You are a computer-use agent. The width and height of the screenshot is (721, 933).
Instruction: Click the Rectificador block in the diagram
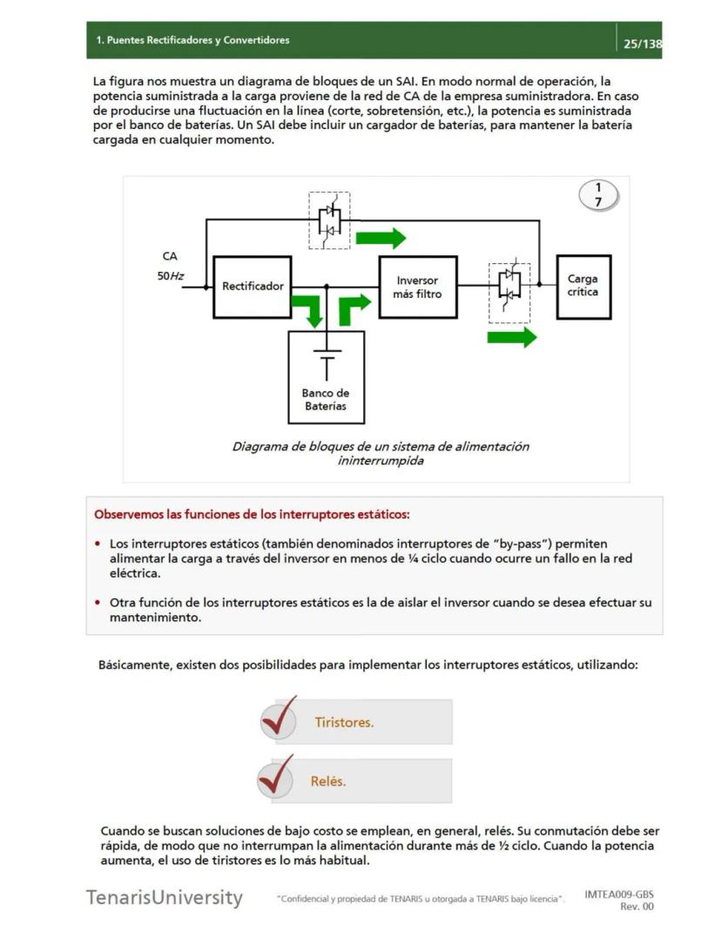coord(252,286)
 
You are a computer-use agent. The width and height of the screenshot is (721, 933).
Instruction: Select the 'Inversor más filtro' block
coord(417,287)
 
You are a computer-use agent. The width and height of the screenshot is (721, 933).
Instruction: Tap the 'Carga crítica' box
coord(583,286)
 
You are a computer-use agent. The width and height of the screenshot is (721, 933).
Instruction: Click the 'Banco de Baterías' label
coord(326,399)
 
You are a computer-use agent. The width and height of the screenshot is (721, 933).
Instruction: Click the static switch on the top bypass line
coord(329,220)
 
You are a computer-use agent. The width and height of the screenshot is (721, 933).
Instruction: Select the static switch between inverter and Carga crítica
coord(509,284)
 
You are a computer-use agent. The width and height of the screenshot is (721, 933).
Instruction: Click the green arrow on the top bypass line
coord(381,238)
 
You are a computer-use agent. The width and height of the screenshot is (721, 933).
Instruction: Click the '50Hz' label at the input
coord(170,276)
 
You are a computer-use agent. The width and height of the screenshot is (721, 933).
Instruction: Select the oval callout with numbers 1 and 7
coord(598,196)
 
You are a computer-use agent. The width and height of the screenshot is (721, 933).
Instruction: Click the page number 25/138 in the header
coord(642,44)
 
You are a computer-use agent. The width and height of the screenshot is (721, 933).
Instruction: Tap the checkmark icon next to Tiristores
coord(279,717)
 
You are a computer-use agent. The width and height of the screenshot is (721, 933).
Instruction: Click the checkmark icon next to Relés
coord(276,776)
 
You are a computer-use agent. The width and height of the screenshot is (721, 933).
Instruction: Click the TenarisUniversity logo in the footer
coord(164,897)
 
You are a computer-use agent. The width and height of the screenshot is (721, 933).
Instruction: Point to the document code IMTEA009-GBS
coord(619,894)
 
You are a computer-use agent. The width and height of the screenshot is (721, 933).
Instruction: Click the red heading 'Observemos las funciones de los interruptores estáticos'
coord(252,514)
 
